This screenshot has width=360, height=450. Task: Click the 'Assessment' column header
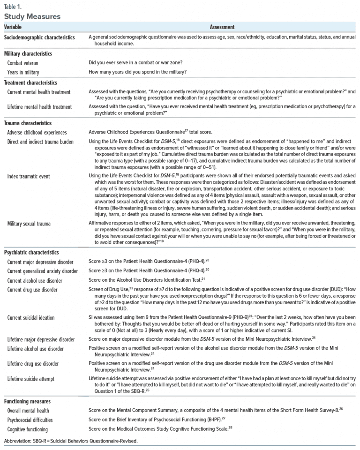[x=222, y=28]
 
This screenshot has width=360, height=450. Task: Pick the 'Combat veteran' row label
[x=27, y=62]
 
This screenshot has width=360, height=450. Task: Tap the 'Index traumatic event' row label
[x=33, y=176]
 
